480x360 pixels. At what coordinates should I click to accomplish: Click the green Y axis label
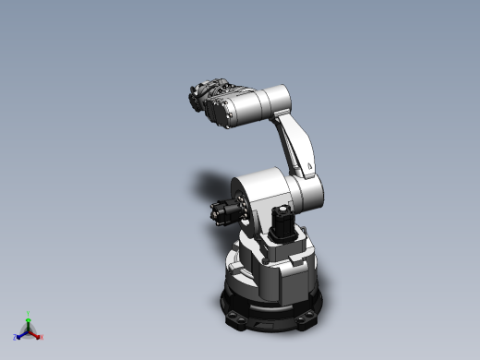(29, 313)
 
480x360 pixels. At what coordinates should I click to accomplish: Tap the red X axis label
(41, 336)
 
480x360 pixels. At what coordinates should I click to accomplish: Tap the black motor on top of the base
(282, 222)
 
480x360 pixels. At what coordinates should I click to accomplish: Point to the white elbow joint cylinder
(308, 192)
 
